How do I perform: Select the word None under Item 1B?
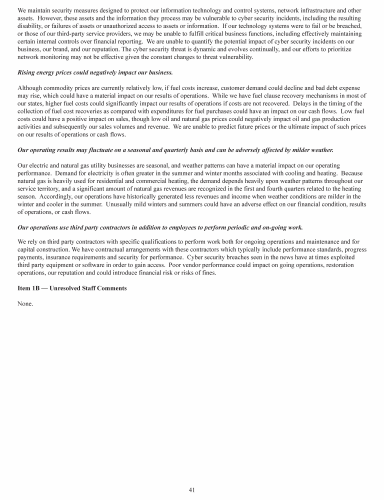pyautogui.click(x=25, y=303)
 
